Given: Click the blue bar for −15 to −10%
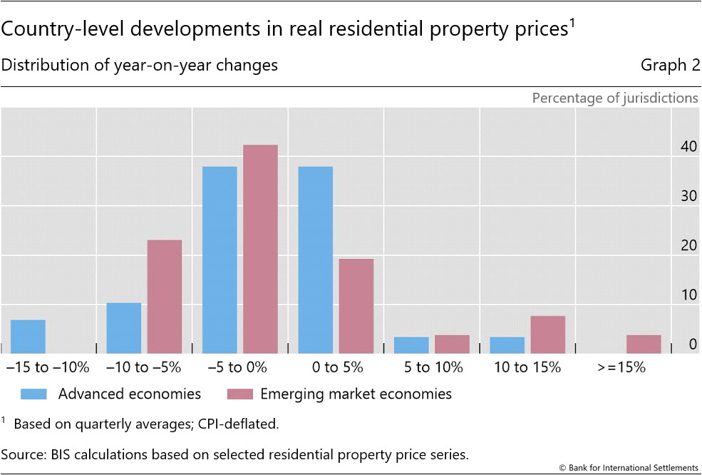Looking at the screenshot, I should click(29, 337).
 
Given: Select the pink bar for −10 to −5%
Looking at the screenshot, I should click(165, 297).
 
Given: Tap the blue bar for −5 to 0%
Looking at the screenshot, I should click(220, 260).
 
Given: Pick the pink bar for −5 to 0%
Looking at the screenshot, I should click(261, 250).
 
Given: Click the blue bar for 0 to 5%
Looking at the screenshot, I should click(316, 260).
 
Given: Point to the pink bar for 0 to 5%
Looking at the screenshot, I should click(356, 306).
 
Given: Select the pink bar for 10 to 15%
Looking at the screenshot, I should click(548, 334).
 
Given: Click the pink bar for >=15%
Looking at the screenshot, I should click(644, 344).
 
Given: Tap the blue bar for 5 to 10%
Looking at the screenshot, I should click(411, 345).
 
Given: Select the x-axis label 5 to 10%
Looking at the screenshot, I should click(424, 368).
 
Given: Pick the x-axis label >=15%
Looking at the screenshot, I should click(622, 368).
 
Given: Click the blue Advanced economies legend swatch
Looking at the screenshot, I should click(34, 394).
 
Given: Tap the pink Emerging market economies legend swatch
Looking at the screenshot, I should click(239, 394).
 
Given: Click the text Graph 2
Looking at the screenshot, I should click(669, 65).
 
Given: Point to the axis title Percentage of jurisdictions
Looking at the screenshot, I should click(615, 98).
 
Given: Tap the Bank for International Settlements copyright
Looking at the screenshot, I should click(629, 468).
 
